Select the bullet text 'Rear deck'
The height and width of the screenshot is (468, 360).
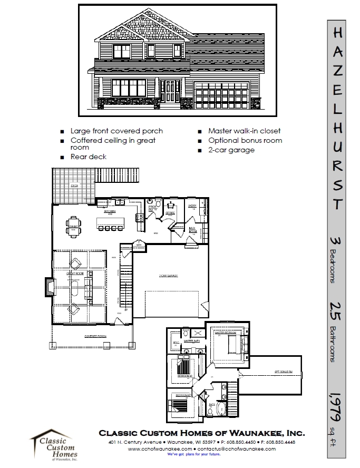[x=89, y=157]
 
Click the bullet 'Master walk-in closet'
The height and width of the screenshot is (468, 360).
[x=244, y=131]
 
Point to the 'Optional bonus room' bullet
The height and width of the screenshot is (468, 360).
[x=245, y=141]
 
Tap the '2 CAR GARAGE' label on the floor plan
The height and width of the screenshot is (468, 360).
[x=168, y=276]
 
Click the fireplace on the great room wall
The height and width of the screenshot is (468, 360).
[x=48, y=287]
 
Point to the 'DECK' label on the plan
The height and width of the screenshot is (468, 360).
[x=74, y=186]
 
